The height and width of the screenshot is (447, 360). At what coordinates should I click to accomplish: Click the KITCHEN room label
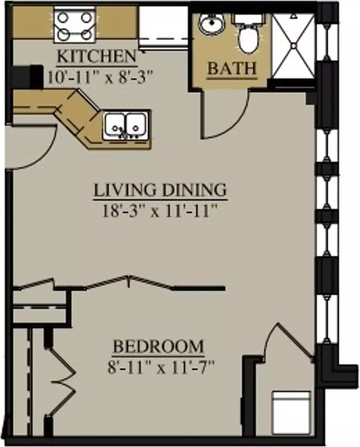pos(97,56)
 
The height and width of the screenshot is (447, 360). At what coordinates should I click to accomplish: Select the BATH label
pos(232,68)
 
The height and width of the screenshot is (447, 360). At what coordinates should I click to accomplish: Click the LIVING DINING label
pos(160,190)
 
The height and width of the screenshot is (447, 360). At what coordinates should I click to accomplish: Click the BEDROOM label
pos(158,346)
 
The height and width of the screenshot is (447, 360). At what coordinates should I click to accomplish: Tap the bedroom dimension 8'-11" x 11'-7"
pos(160,367)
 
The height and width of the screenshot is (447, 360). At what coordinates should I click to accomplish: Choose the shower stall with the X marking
pos(293,46)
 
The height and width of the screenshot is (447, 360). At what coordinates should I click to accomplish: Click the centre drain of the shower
pos(293,46)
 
